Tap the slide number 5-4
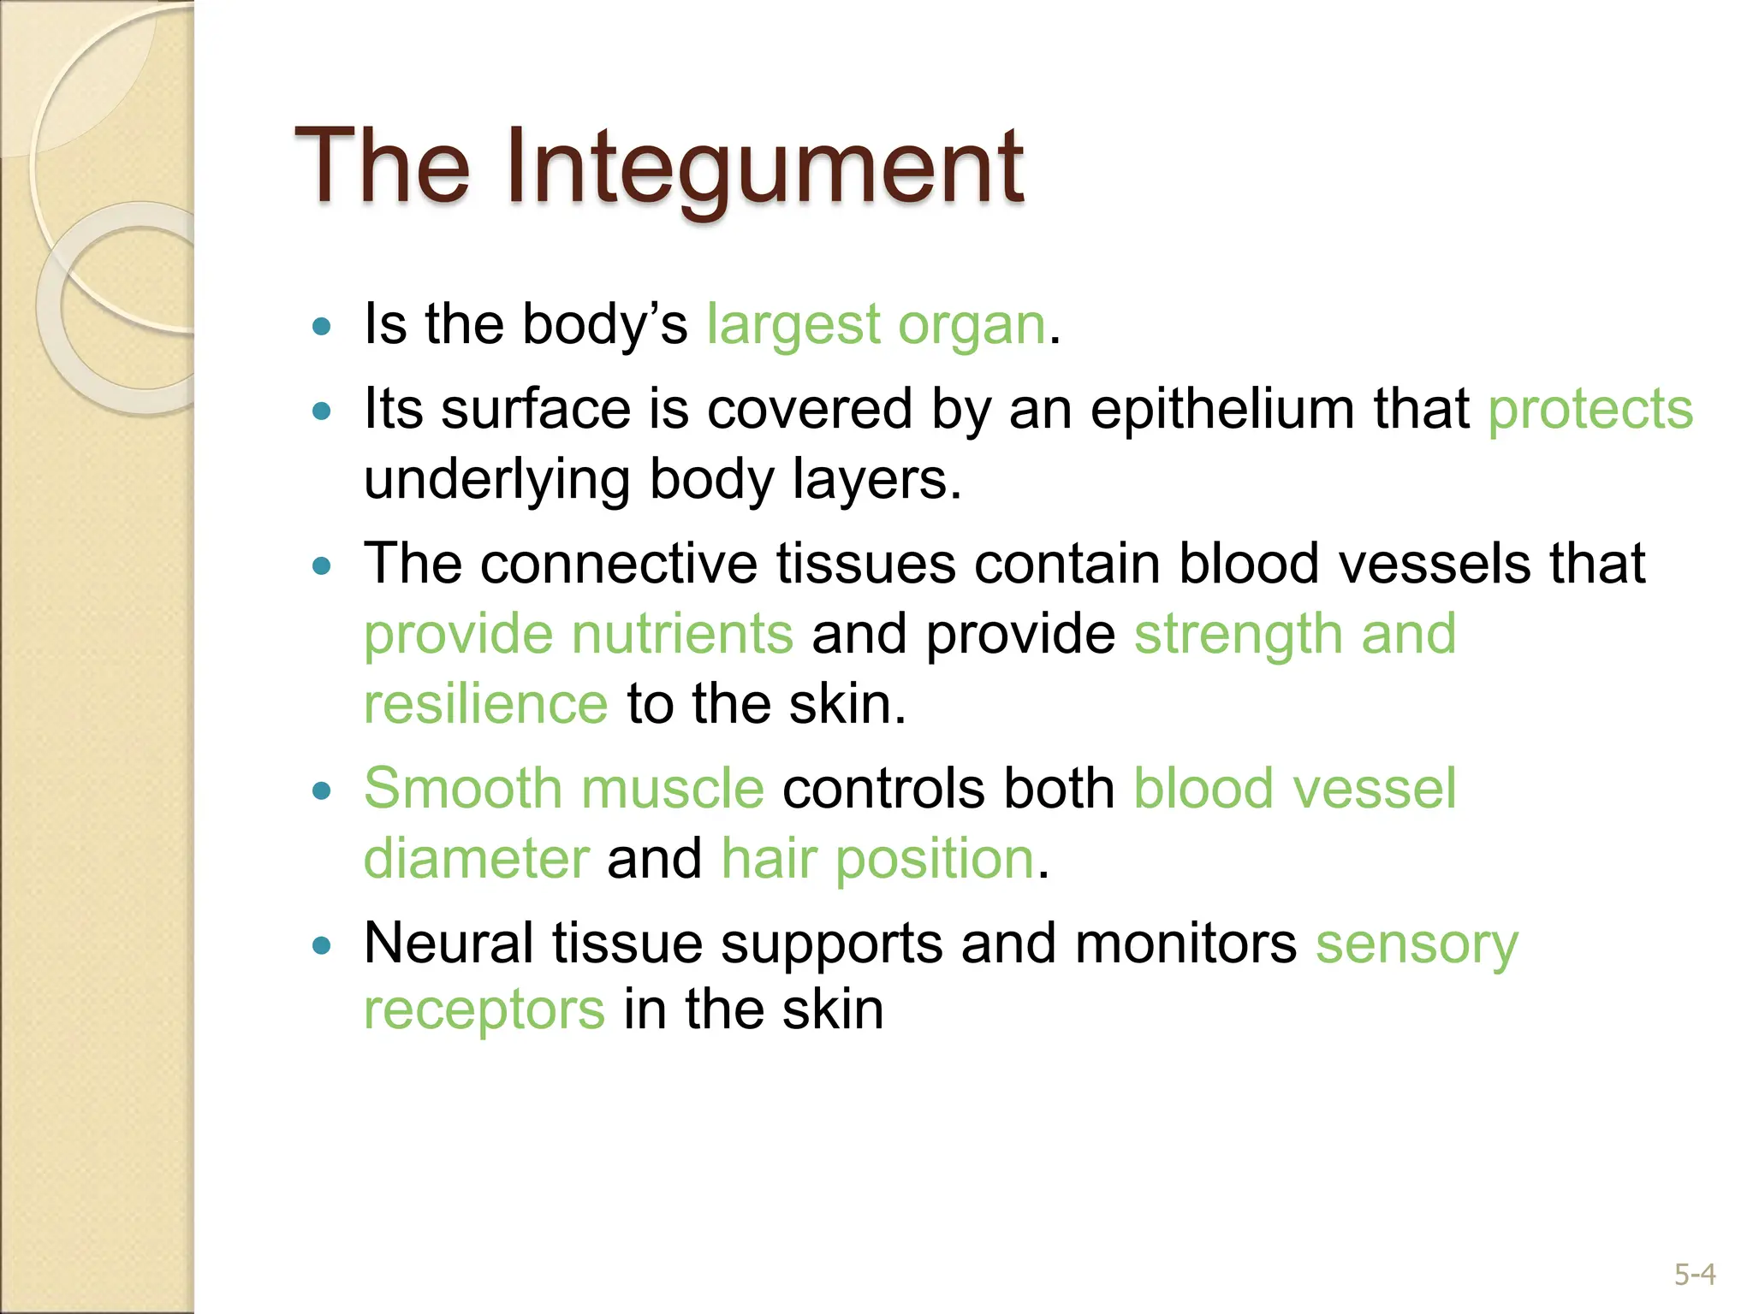pos(1695,1275)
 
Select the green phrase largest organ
pos(876,325)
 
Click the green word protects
pos(1590,409)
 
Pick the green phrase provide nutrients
pos(579,634)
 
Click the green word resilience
pos(485,704)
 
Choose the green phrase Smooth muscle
pos(563,788)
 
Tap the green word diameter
pos(476,858)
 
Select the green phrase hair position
pos(878,858)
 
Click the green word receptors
pos(484,1009)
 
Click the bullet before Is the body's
pos(322,326)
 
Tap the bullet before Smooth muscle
pos(322,790)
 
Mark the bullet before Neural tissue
pos(322,945)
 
